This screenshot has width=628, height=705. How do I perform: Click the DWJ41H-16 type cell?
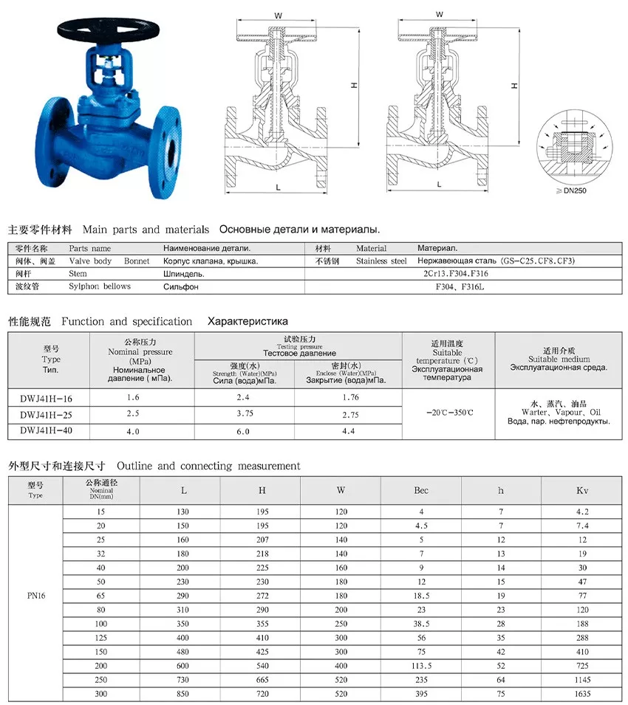point(46,398)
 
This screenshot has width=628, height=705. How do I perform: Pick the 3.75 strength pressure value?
point(244,415)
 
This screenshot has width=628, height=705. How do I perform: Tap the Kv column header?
point(582,489)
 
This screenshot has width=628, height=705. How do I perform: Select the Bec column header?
point(421,489)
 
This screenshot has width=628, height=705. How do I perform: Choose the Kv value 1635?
point(582,694)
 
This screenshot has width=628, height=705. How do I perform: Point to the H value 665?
point(262,679)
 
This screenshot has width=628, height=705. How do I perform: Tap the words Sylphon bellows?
point(100,286)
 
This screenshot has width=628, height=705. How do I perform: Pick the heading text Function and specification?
point(127,322)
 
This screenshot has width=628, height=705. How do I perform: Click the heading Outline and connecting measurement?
point(208,467)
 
